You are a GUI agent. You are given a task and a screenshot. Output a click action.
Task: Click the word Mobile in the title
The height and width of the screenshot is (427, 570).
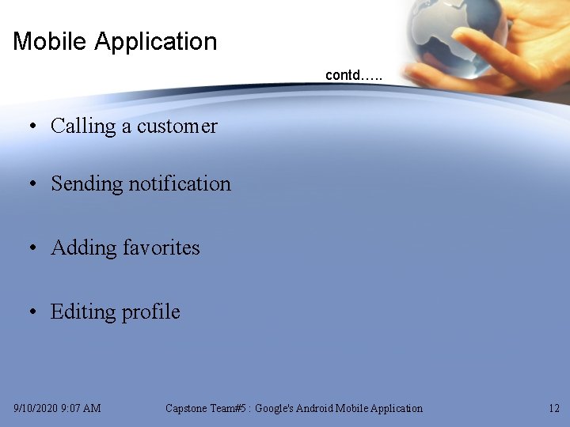tap(50, 41)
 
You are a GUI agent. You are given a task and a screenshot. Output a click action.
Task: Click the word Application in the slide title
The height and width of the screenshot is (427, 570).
tap(155, 42)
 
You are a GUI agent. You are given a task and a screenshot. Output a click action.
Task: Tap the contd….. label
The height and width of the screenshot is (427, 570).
tap(354, 76)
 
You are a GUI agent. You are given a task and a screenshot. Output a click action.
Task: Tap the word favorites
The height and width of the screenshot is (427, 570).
tap(161, 248)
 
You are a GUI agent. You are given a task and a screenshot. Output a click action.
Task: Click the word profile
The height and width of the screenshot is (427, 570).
tap(150, 312)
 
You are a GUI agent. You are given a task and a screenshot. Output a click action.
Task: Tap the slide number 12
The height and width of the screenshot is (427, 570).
tap(553, 409)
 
